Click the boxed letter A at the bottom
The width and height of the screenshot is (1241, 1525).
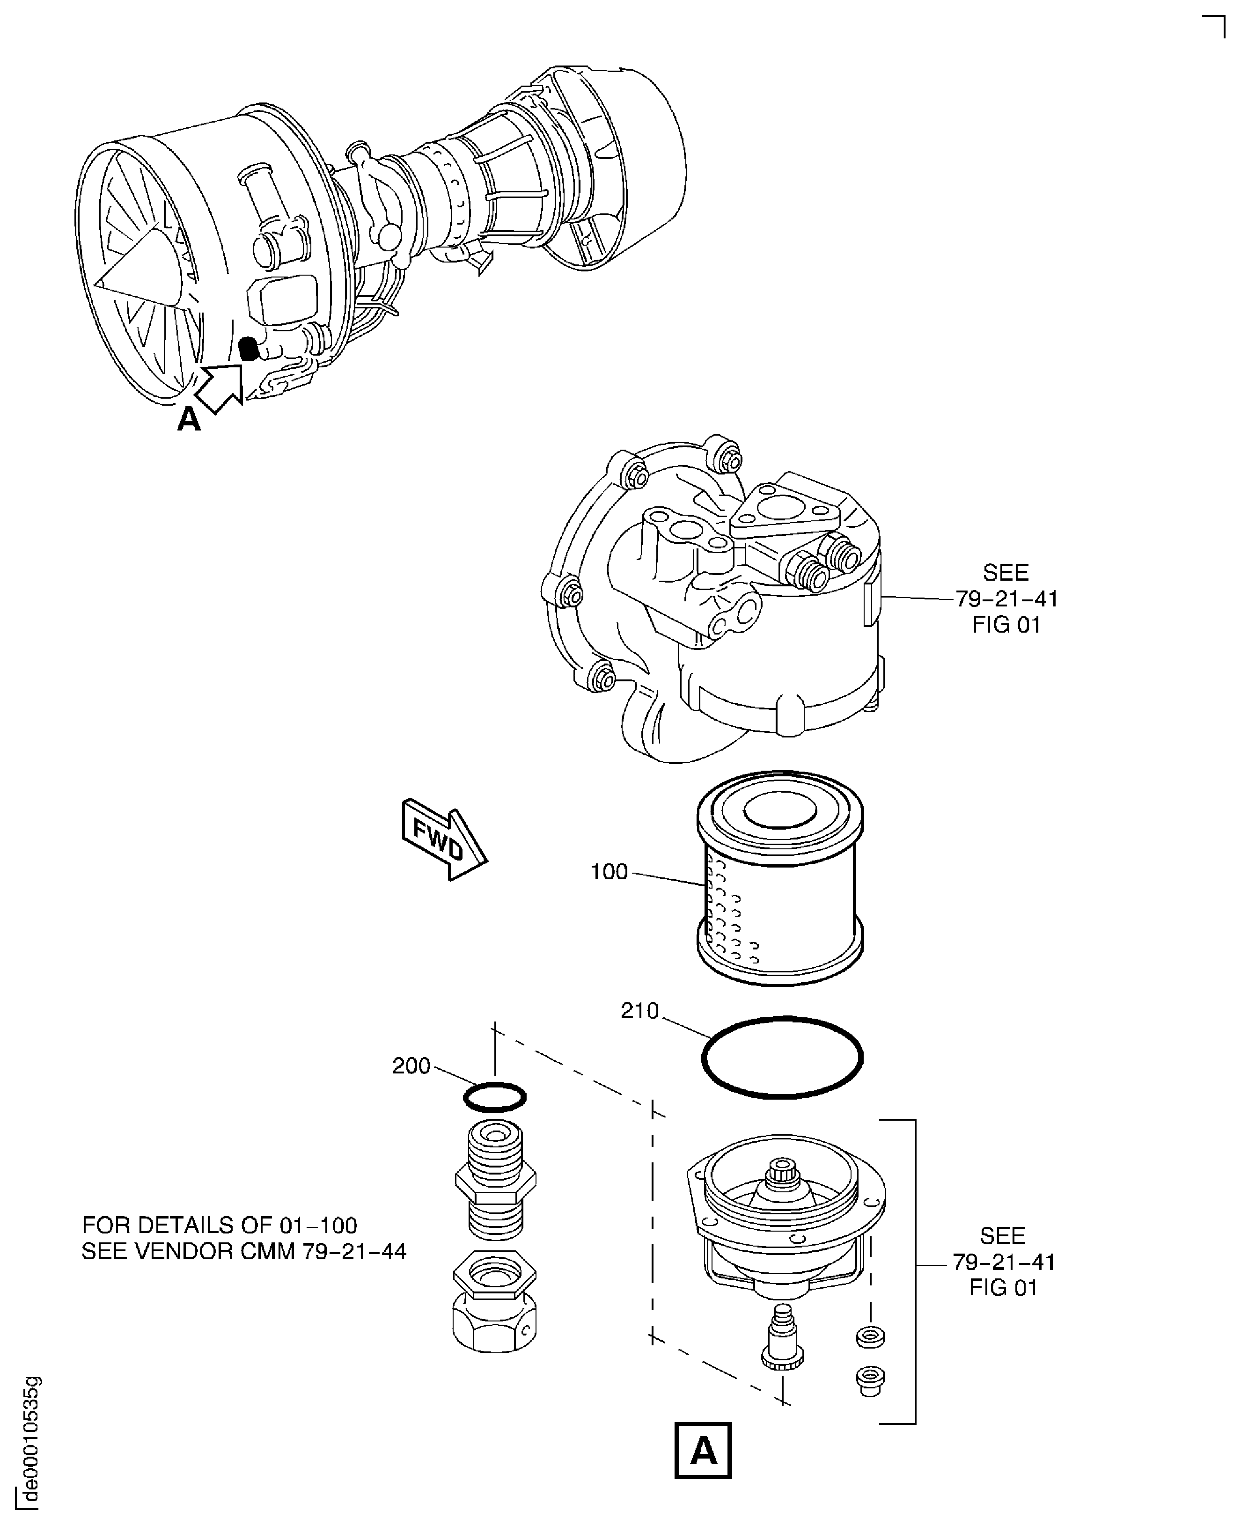pos(704,1452)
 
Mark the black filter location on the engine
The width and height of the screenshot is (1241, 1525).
pos(248,349)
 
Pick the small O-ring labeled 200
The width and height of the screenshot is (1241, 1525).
pos(495,1097)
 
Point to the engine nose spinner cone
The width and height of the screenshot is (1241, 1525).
pos(143,268)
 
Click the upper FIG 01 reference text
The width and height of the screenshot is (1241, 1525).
pos(1006,625)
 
